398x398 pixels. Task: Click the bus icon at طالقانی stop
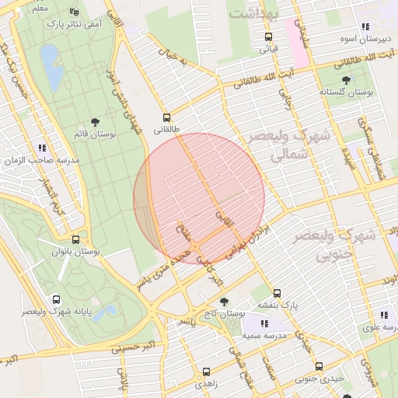166,117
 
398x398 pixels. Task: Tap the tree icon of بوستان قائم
95,122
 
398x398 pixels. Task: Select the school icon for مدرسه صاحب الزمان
41,147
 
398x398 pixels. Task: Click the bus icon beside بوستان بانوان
75,239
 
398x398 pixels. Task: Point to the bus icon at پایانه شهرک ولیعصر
55,299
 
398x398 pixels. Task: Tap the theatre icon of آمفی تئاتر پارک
74,12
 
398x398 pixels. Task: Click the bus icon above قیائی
268,36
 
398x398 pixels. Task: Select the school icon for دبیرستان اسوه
365,27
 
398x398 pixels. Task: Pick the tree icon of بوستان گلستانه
346,79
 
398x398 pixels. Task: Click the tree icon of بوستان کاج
225,302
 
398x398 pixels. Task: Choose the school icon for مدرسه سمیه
264,323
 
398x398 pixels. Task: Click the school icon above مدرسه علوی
384,315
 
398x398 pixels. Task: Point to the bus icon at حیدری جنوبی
319,367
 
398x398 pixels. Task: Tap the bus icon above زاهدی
206,372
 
